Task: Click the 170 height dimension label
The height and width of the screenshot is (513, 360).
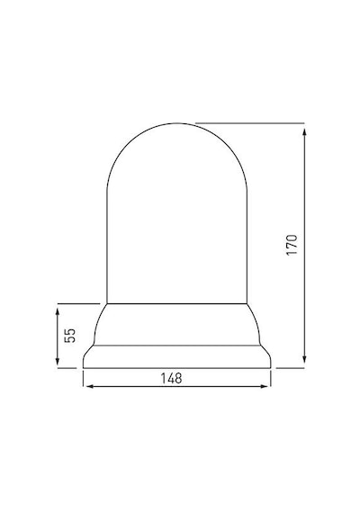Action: (292, 245)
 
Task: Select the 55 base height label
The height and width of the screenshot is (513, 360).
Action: (69, 335)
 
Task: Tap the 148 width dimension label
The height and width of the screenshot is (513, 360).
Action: (171, 378)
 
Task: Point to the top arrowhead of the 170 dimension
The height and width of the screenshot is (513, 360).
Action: (304, 131)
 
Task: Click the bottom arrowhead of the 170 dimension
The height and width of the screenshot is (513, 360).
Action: (304, 360)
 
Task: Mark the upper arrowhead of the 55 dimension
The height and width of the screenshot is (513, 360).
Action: (58, 311)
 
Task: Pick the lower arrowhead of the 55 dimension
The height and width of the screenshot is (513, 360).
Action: (58, 361)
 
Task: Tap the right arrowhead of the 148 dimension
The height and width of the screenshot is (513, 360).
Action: (264, 386)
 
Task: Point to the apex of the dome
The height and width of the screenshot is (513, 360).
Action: (177, 123)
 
